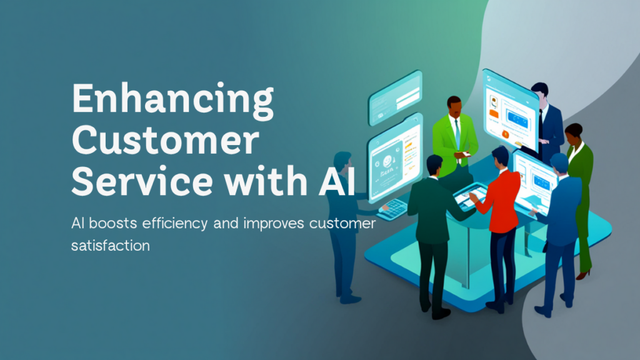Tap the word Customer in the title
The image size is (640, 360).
[x=164, y=142]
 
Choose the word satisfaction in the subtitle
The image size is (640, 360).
[x=110, y=246]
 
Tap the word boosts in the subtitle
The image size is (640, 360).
[x=107, y=224]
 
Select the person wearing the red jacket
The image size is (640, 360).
[x=497, y=206]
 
